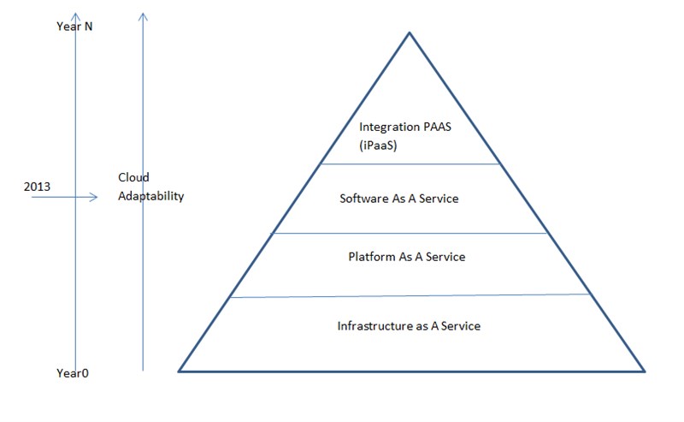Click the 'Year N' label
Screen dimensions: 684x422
tap(74, 27)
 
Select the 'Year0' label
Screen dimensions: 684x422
tap(73, 373)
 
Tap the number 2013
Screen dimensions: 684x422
tap(37, 187)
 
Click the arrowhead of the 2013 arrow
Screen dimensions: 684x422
tap(93, 197)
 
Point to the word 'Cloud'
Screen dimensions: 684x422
tap(133, 177)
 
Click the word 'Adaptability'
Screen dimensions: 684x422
tap(151, 196)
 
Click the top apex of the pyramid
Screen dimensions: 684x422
tap(410, 33)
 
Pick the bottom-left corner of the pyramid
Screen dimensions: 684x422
tap(179, 371)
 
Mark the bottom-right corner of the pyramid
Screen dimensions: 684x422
tap(645, 371)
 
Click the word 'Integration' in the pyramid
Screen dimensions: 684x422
tap(384, 128)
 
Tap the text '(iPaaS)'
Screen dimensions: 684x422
tap(378, 146)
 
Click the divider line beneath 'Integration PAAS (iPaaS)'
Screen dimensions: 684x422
tap(410, 163)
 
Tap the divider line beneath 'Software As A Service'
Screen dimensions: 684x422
tap(410, 234)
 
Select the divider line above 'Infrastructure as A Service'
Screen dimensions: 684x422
tap(410, 296)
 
